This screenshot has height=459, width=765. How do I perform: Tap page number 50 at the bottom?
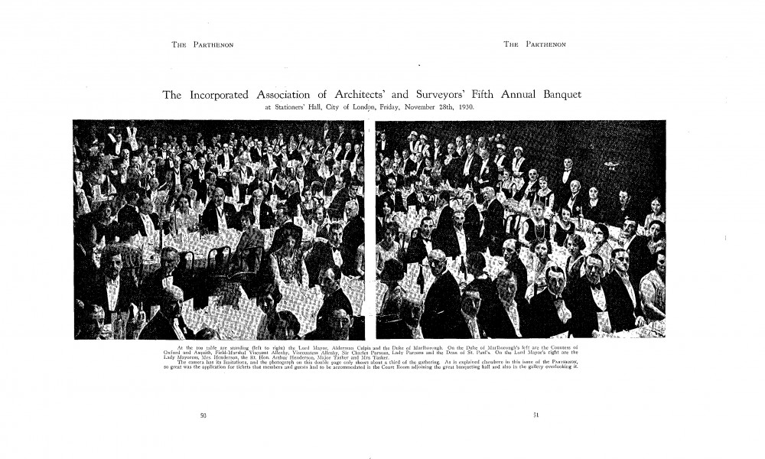pyautogui.click(x=203, y=415)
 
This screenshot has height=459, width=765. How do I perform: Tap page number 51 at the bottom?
pyautogui.click(x=536, y=415)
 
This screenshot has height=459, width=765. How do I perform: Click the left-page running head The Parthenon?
pyautogui.click(x=202, y=45)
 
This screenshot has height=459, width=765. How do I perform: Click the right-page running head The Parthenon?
pyautogui.click(x=534, y=45)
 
